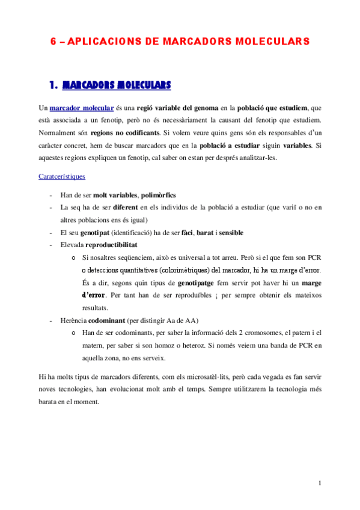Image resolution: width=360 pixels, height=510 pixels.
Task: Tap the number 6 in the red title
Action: pos(52,41)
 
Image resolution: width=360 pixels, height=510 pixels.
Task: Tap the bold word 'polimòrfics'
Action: pos(158,195)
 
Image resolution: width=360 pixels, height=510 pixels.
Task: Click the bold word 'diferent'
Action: pos(130,207)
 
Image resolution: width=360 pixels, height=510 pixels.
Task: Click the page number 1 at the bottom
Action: pos(320,483)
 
